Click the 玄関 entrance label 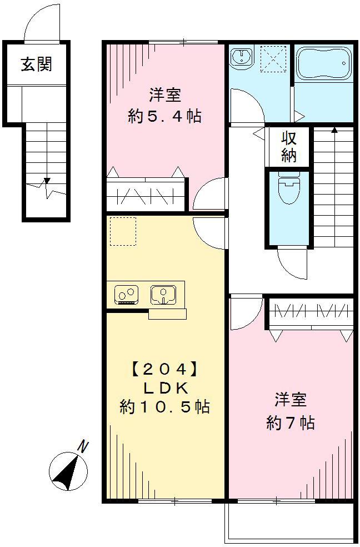point(37,64)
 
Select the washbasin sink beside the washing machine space point(241,57)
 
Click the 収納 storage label point(288,147)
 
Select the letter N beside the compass point(83,446)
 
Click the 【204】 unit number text point(164,369)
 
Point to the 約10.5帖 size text point(164,407)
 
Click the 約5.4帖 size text point(164,116)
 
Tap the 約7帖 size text point(291,423)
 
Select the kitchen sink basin point(163,294)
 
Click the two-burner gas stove point(127,294)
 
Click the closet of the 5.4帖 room point(146,195)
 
